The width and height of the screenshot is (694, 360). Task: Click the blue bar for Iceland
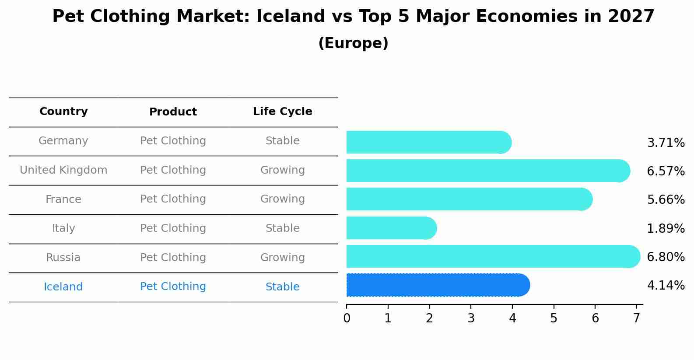pos(438,285)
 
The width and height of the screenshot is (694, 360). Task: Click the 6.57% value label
pos(666,171)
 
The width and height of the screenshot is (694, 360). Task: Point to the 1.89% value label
pos(666,228)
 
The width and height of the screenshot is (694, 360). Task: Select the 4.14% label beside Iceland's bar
pos(666,286)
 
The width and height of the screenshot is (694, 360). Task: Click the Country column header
pos(63,112)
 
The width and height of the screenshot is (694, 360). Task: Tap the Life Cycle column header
pos(282,112)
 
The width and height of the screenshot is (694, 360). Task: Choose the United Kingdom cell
pos(63,170)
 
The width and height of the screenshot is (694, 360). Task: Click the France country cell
pos(63,199)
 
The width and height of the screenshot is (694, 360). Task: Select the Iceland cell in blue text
pos(63,287)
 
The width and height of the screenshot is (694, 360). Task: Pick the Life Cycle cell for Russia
pos(282,258)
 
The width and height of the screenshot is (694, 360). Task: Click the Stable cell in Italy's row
pos(282,228)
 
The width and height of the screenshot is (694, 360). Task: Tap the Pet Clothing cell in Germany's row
pos(173,141)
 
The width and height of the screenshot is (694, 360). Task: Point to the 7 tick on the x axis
pos(637,318)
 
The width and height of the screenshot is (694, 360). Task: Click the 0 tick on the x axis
pos(347,318)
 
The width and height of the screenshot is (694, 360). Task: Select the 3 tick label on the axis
pos(471,318)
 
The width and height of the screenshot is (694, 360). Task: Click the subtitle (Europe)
pos(353,43)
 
